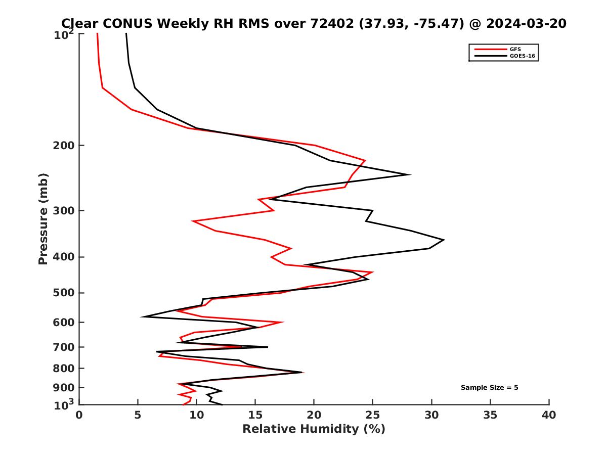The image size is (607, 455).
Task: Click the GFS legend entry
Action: click(x=516, y=49)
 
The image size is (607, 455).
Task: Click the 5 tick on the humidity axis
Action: click(x=138, y=415)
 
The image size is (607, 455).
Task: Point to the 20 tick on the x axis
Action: click(x=314, y=415)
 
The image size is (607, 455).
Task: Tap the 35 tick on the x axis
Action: click(x=490, y=415)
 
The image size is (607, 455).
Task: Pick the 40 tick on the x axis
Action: click(x=549, y=415)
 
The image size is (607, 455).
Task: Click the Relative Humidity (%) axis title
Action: click(x=314, y=429)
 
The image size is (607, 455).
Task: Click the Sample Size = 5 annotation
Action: click(x=489, y=388)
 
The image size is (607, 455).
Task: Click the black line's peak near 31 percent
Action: click(x=444, y=240)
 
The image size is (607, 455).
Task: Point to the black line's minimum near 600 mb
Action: click(x=143, y=317)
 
